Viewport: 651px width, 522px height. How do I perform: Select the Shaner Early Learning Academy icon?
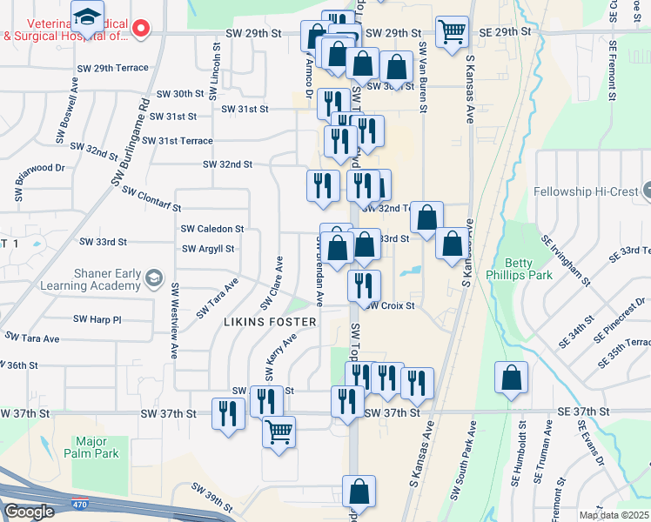point(154,278)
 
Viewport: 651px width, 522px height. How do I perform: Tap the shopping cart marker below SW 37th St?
point(279,432)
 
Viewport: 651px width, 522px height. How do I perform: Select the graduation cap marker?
point(88,17)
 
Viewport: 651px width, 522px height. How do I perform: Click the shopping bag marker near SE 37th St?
point(511,378)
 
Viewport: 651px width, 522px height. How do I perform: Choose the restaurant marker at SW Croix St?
point(364,284)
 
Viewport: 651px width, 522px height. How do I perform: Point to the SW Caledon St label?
point(212,228)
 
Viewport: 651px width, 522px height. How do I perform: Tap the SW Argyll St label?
point(208,249)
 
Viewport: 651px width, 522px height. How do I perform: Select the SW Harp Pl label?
point(97,319)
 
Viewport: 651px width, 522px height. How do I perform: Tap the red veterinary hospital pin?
point(142,28)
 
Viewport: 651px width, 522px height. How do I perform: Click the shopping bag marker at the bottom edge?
point(359,491)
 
